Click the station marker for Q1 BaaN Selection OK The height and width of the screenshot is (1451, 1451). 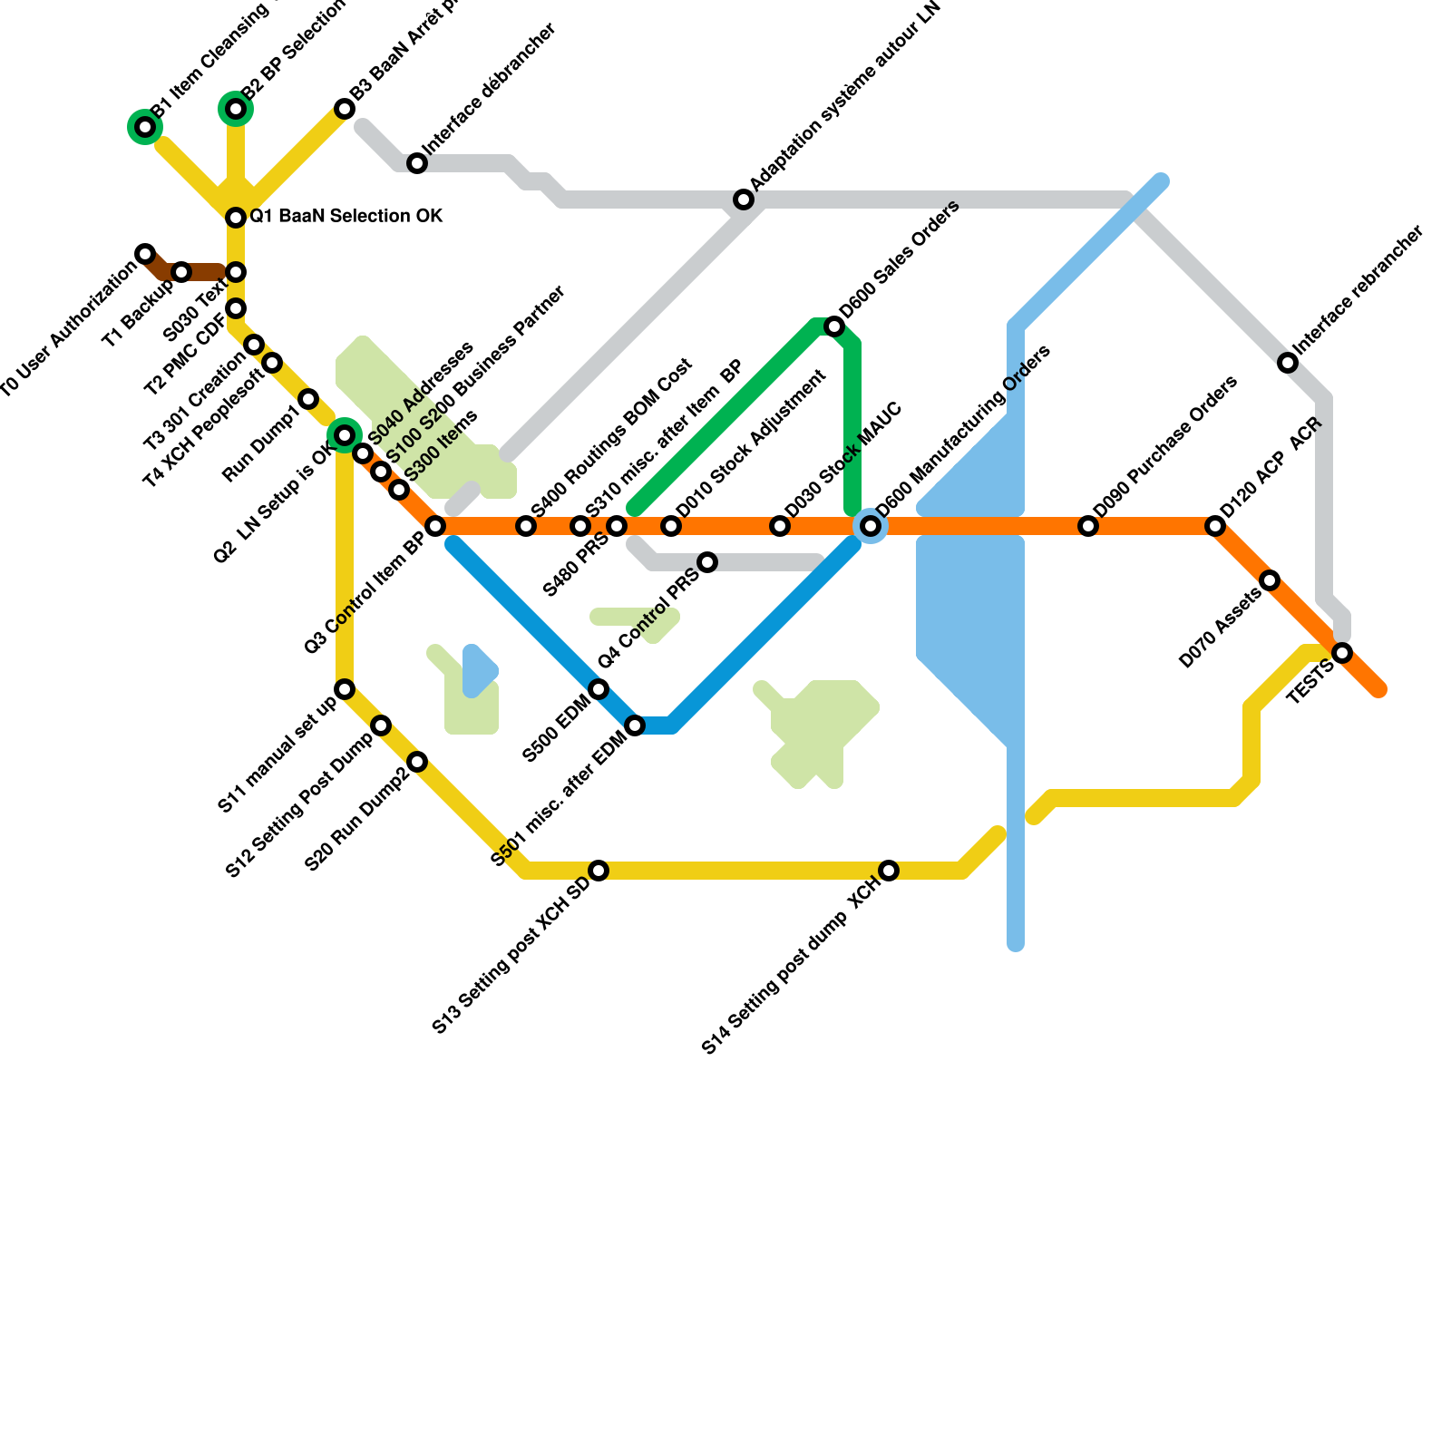coord(236,218)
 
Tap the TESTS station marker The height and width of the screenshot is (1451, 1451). coord(1343,653)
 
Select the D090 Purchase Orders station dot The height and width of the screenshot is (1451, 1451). coord(1088,526)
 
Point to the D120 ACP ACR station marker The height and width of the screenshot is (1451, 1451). coord(1215,526)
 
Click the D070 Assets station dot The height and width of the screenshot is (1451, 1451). coord(1271,580)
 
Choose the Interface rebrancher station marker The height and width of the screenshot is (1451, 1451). coord(1288,363)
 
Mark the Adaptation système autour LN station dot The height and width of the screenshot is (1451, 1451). coord(744,200)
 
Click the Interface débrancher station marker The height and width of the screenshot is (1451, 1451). coord(417,163)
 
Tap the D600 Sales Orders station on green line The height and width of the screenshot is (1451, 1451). coord(834,326)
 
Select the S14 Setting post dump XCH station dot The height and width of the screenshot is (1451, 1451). coord(889,871)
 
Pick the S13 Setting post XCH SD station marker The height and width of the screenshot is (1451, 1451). coord(599,871)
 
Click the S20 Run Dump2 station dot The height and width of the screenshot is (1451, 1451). coord(417,762)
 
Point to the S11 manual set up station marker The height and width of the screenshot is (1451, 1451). coord(345,689)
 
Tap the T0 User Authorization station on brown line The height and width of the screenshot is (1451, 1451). coord(145,253)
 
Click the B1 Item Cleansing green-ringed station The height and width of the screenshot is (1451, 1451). coord(145,127)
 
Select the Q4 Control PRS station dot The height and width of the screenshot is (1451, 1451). coord(708,562)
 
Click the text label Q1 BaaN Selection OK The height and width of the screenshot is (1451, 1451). coord(346,217)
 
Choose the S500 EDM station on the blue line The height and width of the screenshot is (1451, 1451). coord(599,689)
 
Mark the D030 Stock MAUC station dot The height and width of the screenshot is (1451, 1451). coord(780,526)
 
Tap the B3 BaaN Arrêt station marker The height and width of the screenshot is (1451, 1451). coord(345,109)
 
